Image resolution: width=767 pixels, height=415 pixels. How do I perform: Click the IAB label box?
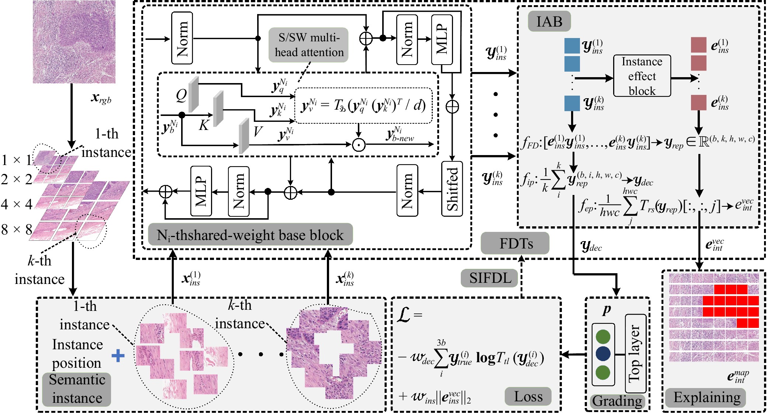tap(549, 21)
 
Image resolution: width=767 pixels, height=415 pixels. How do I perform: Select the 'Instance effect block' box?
tap(642, 76)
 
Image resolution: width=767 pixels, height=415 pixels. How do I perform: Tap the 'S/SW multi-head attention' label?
tap(309, 45)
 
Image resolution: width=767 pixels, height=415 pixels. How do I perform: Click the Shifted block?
tap(452, 189)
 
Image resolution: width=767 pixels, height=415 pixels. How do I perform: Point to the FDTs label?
tap(515, 243)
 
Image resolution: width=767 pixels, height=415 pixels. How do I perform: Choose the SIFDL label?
tap(490, 278)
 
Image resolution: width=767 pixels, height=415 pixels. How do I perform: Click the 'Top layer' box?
tap(635, 353)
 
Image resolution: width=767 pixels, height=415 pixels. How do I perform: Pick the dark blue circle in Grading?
tap(603, 353)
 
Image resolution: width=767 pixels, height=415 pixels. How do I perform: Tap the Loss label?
tap(528, 397)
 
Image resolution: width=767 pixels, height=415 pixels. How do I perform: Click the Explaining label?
tap(706, 397)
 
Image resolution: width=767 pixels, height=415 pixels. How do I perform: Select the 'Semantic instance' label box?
tap(77, 389)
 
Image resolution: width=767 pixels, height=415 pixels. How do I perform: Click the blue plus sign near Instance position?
tap(118, 356)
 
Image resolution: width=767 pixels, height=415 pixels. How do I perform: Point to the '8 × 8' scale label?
tap(17, 229)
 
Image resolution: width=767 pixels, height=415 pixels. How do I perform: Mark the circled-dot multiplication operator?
tap(358, 144)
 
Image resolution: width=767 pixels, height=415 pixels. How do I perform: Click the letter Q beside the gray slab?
tap(181, 95)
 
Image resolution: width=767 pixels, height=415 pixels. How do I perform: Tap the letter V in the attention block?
tap(258, 131)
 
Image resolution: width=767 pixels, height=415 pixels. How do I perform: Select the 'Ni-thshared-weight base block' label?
tap(250, 235)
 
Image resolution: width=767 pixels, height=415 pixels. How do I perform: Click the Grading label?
tap(617, 401)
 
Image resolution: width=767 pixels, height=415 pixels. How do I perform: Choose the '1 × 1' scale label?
tap(17, 160)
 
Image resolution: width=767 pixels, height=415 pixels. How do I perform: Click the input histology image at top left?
tap(74, 42)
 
